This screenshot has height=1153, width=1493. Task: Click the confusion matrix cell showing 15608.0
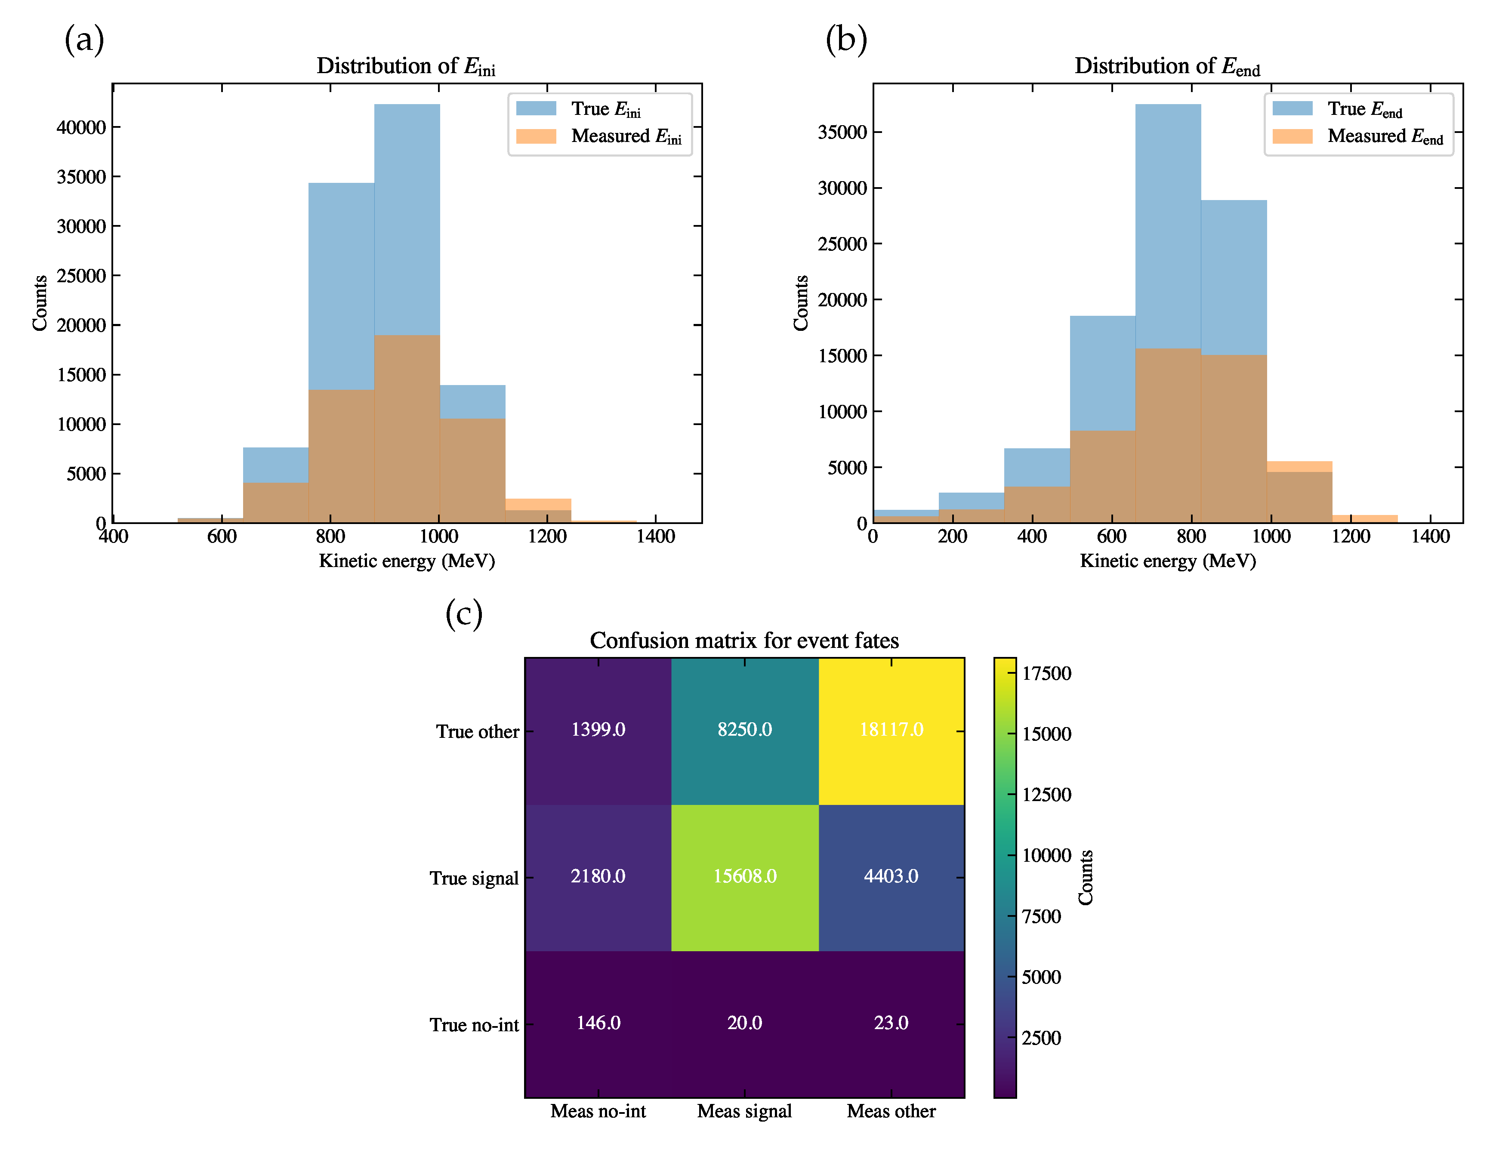744,876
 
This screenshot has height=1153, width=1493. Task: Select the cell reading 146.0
598,1023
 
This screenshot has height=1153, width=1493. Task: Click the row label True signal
474,878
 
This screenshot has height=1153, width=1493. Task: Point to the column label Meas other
891,1111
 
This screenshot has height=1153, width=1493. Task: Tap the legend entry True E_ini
605,109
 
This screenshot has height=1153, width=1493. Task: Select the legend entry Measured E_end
1384,137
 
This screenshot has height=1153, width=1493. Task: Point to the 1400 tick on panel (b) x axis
1430,536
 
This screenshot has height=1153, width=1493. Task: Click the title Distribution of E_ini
406,66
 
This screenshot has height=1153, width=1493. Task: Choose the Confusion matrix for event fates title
744,641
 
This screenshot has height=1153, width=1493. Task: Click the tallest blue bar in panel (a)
407,219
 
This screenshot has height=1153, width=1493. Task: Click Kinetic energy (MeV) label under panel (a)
407,561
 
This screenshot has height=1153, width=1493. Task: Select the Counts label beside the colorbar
1086,878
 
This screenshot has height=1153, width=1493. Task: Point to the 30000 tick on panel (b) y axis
842,188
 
